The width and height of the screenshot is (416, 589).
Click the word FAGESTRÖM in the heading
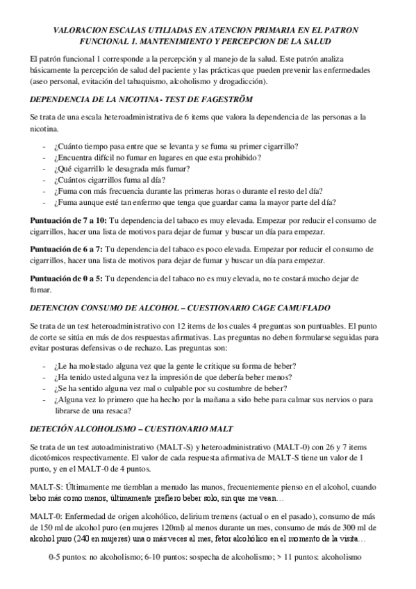click(x=224, y=99)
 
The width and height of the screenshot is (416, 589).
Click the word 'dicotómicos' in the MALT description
click(x=52, y=459)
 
